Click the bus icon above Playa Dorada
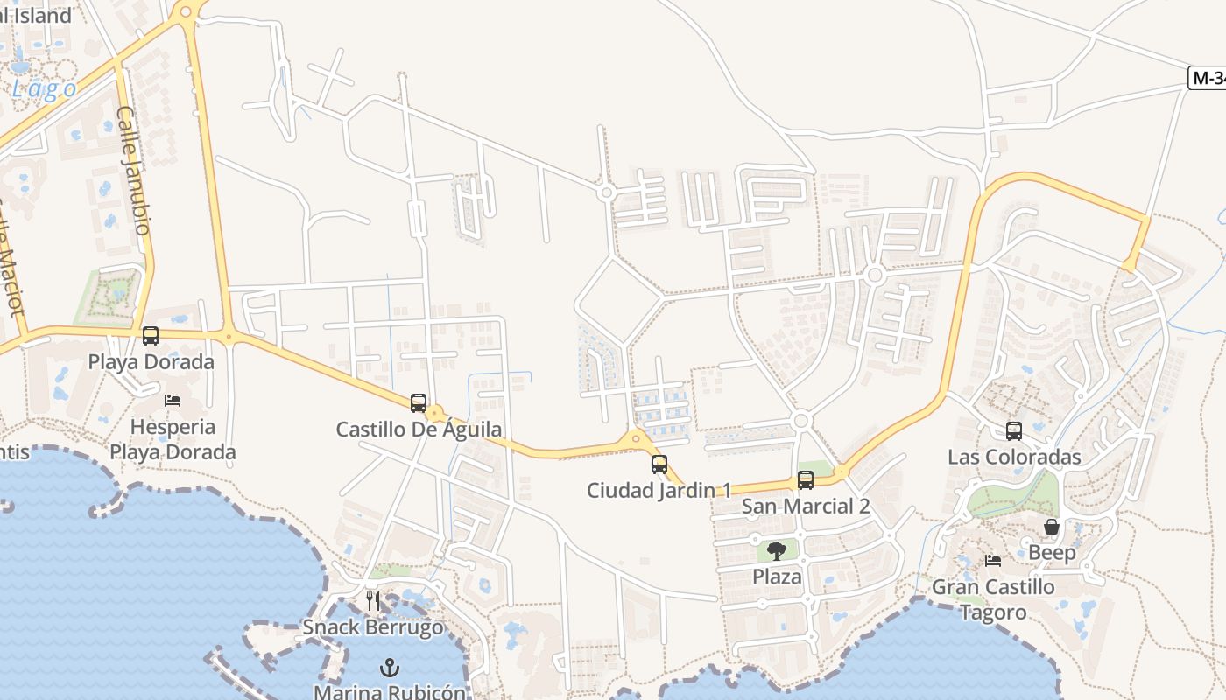(151, 336)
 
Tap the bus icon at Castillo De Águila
(419, 403)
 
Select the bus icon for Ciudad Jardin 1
(659, 465)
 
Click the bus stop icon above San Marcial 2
(806, 480)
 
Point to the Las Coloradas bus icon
(1014, 431)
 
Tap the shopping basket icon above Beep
(1052, 527)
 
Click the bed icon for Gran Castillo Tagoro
(992, 561)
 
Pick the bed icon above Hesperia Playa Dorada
(173, 401)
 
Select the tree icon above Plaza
(777, 551)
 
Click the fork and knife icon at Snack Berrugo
(373, 601)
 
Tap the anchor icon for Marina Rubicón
(390, 668)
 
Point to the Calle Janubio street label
(132, 170)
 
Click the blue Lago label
(44, 89)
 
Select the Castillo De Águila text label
(419, 430)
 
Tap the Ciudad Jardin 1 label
(659, 490)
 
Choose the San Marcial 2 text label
(806, 506)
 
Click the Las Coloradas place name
(1014, 457)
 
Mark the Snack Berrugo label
(373, 627)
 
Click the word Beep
(1052, 553)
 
